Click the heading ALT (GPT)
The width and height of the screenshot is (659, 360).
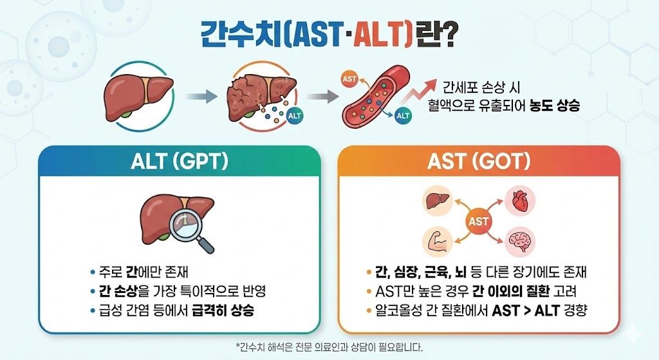click(180, 161)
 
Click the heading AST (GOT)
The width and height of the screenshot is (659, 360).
click(479, 161)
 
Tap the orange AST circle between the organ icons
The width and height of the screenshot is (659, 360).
click(478, 221)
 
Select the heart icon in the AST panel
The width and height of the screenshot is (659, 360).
click(519, 200)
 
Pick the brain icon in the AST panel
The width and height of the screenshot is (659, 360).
click(520, 242)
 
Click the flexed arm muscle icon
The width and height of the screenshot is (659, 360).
click(438, 242)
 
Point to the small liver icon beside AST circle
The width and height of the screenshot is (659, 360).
click(438, 200)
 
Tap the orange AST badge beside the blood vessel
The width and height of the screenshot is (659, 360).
click(349, 79)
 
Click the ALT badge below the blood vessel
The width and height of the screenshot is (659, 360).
click(403, 115)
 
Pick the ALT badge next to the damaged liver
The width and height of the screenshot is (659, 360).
click(294, 116)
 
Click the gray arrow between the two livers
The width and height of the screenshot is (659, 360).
click(201, 97)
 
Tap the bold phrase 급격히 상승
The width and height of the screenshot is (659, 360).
click(223, 311)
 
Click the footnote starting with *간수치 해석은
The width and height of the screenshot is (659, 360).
click(329, 347)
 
